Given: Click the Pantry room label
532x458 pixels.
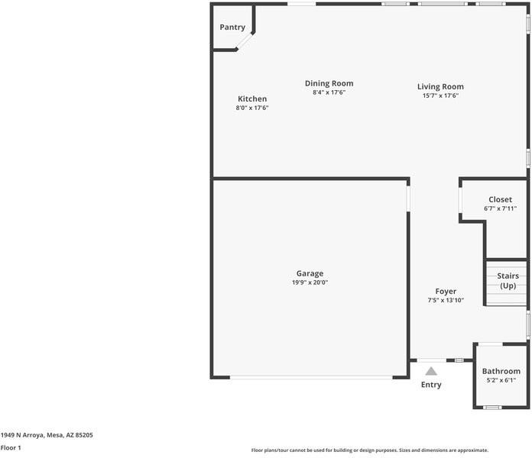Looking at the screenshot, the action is pos(232,27).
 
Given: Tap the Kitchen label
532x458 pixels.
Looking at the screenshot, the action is pos(252,99).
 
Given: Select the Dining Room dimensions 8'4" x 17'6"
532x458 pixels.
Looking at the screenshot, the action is pos(329,92).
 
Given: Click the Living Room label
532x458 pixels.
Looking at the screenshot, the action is pos(440,87).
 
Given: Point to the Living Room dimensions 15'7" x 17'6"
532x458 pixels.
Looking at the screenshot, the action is pos(440,96).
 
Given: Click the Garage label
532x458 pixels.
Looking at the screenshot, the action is pos(310,274).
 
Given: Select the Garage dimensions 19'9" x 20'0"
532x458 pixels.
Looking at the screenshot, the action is pos(310,282).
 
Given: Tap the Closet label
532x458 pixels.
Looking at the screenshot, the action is pos(500,199).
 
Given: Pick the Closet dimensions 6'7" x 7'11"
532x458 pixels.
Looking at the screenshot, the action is pos(500,208).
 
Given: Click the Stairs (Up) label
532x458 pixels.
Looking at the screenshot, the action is pos(508,281).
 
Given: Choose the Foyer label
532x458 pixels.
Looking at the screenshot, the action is pos(446,292).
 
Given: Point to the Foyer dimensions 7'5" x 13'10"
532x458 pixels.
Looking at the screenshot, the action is pos(446,300).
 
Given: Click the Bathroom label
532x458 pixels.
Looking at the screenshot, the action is pos(501,371).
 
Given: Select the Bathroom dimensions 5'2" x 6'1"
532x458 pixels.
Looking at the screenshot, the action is pos(501,380).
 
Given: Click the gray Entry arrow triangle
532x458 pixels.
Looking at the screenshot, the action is pos(431,372).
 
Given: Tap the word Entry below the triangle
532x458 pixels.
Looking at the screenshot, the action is pos(431,385).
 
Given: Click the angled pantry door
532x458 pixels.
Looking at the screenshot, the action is pos(245,41).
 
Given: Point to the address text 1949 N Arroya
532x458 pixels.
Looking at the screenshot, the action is pos(22,435).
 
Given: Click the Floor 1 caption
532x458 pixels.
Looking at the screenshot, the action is pos(11,448).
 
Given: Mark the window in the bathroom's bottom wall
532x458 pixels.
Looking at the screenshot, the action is pos(492,407).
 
